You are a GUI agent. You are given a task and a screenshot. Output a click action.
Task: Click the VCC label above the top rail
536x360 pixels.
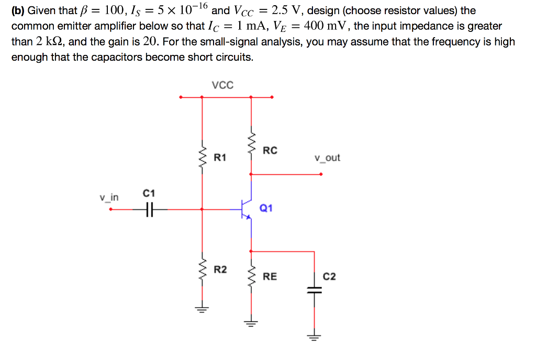click(x=222, y=85)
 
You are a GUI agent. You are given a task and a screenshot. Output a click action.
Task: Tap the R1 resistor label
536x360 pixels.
click(x=220, y=156)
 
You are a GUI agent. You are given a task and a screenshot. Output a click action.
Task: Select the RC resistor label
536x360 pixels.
click(x=270, y=151)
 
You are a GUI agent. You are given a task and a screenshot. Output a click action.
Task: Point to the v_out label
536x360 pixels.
click(x=327, y=157)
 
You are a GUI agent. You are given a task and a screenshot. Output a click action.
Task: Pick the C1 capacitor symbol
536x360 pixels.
click(x=150, y=209)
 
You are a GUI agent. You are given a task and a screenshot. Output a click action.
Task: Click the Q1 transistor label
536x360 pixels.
click(x=266, y=208)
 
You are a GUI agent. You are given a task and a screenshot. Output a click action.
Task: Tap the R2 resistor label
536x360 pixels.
click(x=220, y=269)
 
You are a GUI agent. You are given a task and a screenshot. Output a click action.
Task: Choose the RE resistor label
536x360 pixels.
click(x=270, y=276)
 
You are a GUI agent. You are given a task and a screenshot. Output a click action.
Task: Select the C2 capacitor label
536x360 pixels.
click(x=329, y=276)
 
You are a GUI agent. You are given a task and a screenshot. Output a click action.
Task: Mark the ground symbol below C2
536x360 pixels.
click(x=314, y=336)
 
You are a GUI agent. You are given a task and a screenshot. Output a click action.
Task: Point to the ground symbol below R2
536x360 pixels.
click(x=202, y=308)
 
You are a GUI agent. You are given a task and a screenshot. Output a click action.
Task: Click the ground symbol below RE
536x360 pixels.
click(x=251, y=322)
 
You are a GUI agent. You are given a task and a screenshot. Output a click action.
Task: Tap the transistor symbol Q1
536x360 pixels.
click(x=244, y=209)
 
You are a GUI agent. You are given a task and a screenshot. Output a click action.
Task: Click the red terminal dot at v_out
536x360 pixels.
click(x=321, y=174)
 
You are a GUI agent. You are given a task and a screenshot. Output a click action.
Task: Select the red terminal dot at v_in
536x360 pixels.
click(x=110, y=209)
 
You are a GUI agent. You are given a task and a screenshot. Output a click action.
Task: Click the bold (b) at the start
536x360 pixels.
click(x=18, y=10)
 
